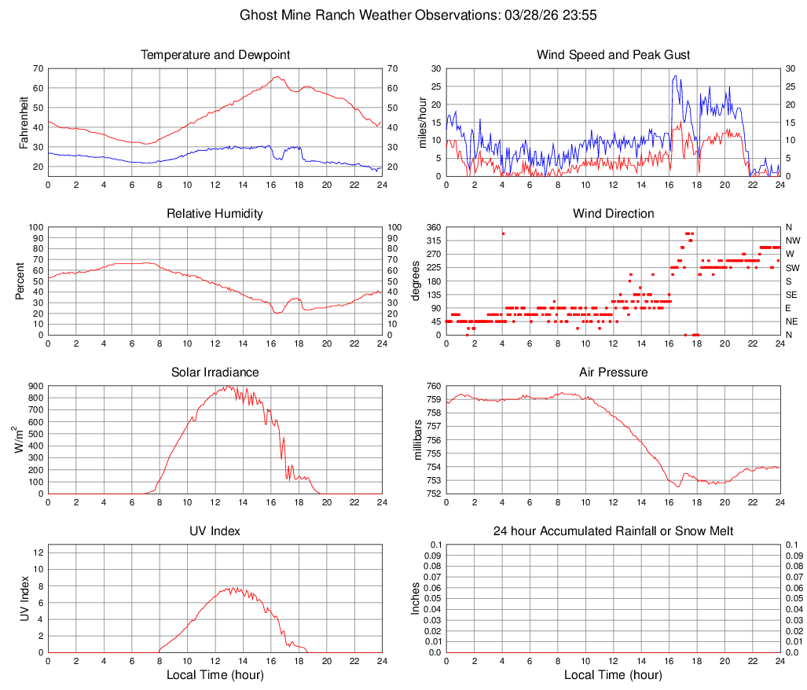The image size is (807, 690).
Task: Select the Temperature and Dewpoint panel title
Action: click(215, 55)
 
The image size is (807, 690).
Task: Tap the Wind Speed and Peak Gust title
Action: click(613, 55)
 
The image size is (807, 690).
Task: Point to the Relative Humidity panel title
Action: click(215, 214)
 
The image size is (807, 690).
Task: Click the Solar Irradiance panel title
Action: click(215, 373)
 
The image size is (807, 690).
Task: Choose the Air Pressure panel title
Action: click(613, 373)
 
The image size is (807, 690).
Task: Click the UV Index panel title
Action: click(215, 531)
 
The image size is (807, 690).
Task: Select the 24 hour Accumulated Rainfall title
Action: click(613, 531)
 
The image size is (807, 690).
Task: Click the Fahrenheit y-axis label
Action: click(23, 123)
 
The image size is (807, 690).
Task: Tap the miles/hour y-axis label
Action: click(422, 123)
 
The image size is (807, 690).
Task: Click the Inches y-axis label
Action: click(416, 599)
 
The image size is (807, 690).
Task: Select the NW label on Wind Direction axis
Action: click(792, 240)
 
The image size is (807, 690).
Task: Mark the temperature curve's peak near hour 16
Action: click(277, 77)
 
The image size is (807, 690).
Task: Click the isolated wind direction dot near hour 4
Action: click(503, 233)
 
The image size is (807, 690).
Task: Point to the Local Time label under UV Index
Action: click(215, 675)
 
